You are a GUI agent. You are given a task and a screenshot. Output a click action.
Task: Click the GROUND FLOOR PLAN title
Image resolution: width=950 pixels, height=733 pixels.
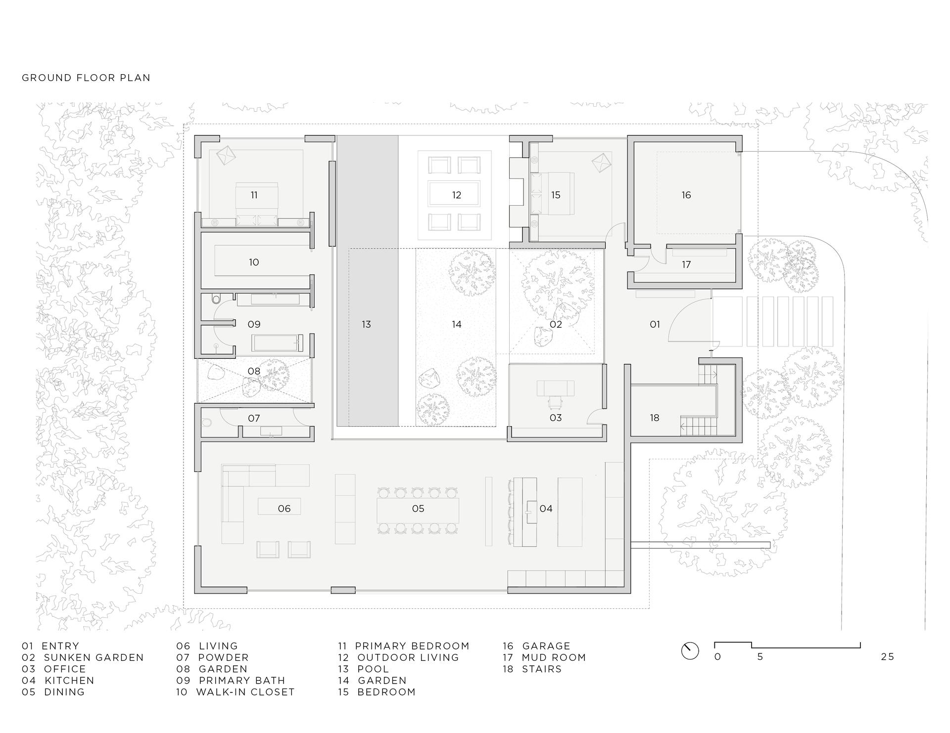tap(86, 78)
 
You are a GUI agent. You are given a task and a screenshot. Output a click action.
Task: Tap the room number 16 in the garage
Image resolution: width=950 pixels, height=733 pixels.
tap(686, 195)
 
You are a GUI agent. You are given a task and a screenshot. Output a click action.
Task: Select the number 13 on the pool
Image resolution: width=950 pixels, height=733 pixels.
tap(366, 324)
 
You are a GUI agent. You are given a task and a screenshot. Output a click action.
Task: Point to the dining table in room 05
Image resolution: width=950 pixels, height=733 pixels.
tap(418, 510)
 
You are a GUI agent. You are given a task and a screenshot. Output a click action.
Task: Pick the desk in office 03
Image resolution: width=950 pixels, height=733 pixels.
tap(556, 388)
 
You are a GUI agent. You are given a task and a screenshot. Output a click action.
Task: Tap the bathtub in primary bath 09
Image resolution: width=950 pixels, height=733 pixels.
tap(277, 343)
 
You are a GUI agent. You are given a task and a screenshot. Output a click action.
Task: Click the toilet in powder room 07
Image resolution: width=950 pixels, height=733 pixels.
tap(207, 423)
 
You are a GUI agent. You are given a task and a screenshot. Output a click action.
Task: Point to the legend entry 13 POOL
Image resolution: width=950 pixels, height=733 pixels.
tap(364, 669)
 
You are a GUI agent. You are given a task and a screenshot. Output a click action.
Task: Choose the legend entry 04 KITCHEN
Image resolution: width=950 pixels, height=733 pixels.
tap(58, 680)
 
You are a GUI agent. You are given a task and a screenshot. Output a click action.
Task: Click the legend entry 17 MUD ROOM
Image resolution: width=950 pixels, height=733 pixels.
tap(544, 657)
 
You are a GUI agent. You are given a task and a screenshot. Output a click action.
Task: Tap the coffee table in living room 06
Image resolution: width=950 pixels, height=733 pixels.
tap(279, 506)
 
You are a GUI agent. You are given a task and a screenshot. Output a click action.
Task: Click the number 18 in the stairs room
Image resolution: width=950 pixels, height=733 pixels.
tap(654, 418)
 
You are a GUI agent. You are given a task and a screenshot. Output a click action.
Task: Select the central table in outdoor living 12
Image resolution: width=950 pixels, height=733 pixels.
tap(454, 194)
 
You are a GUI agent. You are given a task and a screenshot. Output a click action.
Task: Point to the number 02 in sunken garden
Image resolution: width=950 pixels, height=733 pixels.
tap(556, 324)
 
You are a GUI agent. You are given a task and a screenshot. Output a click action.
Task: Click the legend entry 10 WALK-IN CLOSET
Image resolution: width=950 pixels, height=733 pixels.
tap(235, 692)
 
